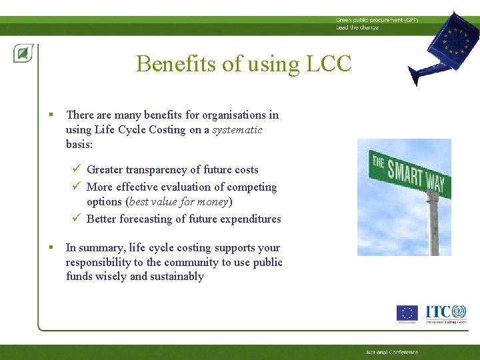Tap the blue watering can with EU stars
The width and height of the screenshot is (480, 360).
pos(443,47)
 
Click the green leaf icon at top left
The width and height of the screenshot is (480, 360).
pos(23,53)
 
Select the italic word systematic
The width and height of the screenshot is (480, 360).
pos(237,129)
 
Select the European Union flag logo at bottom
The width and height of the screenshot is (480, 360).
pos(407,313)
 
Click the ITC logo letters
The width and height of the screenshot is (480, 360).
pos(437,311)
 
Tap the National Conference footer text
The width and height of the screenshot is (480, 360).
pos(392,352)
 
